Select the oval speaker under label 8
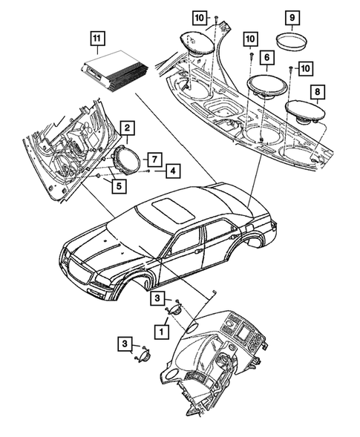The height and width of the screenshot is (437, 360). [x=307, y=111]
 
